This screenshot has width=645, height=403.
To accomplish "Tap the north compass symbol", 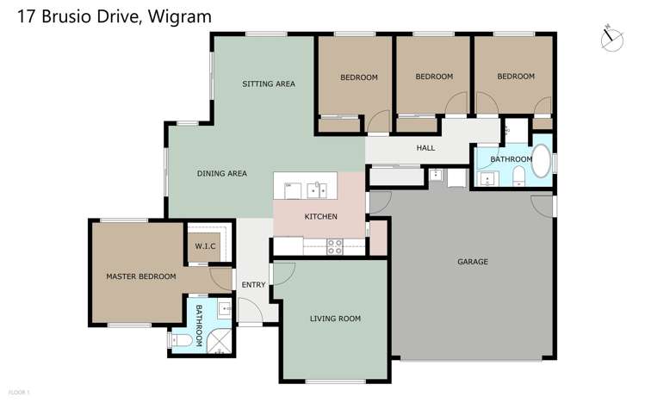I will [613, 37].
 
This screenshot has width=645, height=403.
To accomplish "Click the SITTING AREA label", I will [269, 84].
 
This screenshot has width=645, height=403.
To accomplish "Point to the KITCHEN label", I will [321, 216].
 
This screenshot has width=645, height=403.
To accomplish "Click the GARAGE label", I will [472, 261].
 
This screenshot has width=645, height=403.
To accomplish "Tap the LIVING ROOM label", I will [335, 319].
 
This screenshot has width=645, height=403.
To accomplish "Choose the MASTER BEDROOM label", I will [140, 276].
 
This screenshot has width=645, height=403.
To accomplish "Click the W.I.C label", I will [205, 246].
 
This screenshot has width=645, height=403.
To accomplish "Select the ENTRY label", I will [254, 285].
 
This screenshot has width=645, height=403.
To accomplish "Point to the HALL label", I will [425, 148].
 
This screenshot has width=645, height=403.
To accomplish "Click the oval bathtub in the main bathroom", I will [543, 161].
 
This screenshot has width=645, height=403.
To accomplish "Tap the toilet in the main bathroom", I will [518, 177].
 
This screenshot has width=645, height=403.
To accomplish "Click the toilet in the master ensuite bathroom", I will [181, 342].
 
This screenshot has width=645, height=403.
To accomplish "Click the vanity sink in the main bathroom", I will [488, 178].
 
